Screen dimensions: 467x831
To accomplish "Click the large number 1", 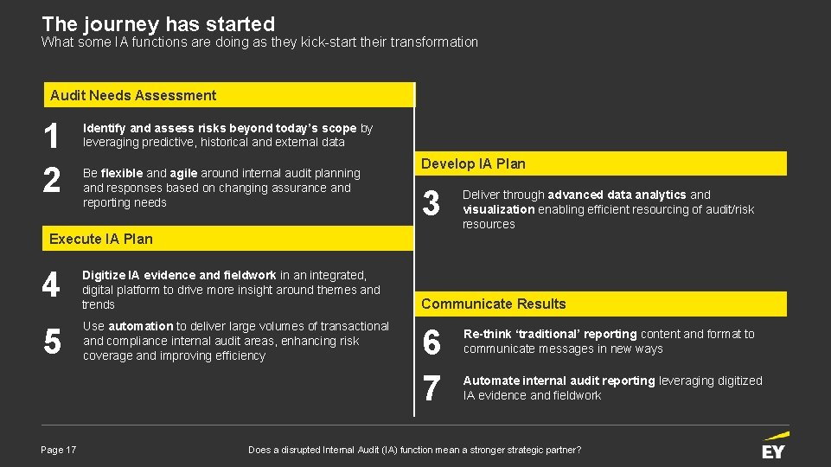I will [x=52, y=137].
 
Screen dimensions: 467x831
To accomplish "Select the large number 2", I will [x=52, y=180].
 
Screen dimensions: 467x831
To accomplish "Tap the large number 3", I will [x=431, y=204].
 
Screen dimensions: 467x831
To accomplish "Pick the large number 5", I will [x=52, y=343].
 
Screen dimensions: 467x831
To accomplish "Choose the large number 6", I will [x=431, y=343].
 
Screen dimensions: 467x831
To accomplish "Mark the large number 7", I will [x=431, y=388].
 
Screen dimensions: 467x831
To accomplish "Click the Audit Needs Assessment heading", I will [x=133, y=95].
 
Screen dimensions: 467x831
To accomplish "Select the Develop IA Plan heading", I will [x=473, y=163].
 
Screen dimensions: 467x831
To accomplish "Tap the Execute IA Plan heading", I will [x=101, y=239].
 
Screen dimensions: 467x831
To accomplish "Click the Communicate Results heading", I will [x=494, y=304].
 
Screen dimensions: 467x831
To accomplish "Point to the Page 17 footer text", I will [x=59, y=450].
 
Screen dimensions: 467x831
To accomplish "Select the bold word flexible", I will [x=122, y=173].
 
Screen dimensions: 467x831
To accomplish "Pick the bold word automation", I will [x=141, y=326].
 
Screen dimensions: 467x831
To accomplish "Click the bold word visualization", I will [x=499, y=209].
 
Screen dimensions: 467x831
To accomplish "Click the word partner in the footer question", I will [x=556, y=450].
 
